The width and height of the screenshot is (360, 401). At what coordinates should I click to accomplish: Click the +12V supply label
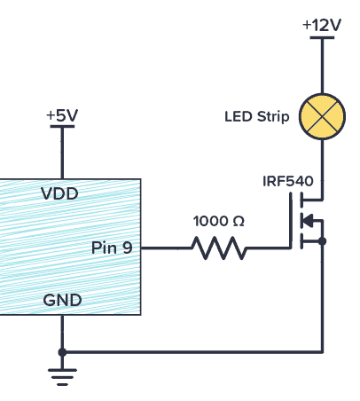click(x=321, y=25)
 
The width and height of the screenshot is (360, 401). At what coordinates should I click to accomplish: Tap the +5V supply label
click(x=61, y=114)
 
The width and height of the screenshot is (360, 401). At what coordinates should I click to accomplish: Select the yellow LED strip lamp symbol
click(x=322, y=116)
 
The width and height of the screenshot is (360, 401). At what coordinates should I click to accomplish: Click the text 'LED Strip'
click(x=257, y=116)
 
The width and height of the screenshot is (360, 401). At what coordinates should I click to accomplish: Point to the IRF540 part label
click(x=287, y=181)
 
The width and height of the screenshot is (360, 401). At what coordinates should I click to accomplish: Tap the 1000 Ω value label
click(x=218, y=220)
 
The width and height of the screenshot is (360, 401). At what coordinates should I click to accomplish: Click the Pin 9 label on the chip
click(x=112, y=248)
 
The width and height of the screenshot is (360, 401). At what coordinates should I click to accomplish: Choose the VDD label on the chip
click(x=59, y=193)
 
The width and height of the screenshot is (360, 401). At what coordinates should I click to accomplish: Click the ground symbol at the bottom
click(x=61, y=377)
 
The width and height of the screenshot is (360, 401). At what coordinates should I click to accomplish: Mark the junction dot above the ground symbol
click(x=61, y=352)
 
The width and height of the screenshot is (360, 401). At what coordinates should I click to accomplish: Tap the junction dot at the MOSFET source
click(x=322, y=240)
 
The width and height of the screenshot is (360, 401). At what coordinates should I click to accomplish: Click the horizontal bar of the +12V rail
click(x=322, y=39)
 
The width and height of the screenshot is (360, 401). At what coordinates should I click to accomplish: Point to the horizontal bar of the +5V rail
click(x=61, y=128)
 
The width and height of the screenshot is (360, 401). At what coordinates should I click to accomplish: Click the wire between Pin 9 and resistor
click(x=163, y=248)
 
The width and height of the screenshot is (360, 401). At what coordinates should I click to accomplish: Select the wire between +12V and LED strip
click(x=322, y=67)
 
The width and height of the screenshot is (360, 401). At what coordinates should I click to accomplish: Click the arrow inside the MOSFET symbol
click(x=308, y=221)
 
